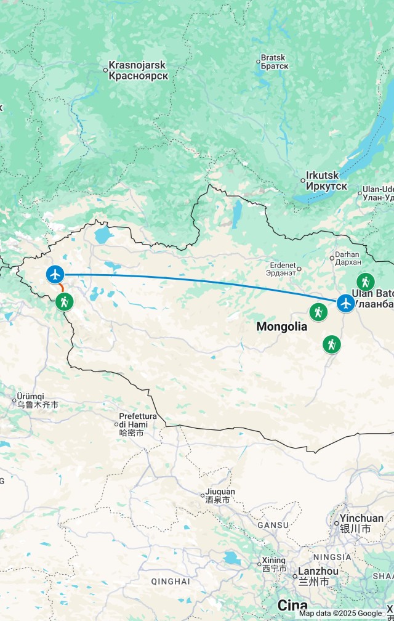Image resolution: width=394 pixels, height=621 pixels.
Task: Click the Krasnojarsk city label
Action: pos(138,70)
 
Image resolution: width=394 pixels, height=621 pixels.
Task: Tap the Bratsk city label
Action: pos(274,61)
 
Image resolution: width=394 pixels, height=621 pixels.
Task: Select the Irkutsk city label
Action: pos(326,181)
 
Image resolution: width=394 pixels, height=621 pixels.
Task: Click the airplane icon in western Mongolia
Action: pos(55,274)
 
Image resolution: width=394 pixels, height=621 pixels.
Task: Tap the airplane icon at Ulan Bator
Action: pos(346,303)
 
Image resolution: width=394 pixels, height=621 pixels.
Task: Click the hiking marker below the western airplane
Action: pos(65,302)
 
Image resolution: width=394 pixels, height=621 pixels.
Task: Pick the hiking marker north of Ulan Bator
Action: pos(366,282)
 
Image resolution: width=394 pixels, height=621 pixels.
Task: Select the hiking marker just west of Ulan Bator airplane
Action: pos(318,312)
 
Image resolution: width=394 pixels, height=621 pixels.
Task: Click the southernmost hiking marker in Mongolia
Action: pos(332,344)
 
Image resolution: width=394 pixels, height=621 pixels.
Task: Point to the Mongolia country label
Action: pos(281,327)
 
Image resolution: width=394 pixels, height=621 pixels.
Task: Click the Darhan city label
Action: pos(348,258)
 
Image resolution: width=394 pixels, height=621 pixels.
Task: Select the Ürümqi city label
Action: pos(38,400)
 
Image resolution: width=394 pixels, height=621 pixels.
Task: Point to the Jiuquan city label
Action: pos(220,496)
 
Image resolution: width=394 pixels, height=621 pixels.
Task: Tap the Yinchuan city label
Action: pos(361,523)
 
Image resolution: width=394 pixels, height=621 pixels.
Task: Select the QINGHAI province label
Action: pos(170,581)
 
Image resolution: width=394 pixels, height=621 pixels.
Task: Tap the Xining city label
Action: pos(273,564)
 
